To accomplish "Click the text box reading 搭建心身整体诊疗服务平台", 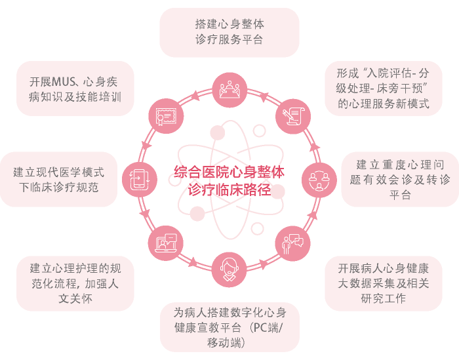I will click(229, 32).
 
